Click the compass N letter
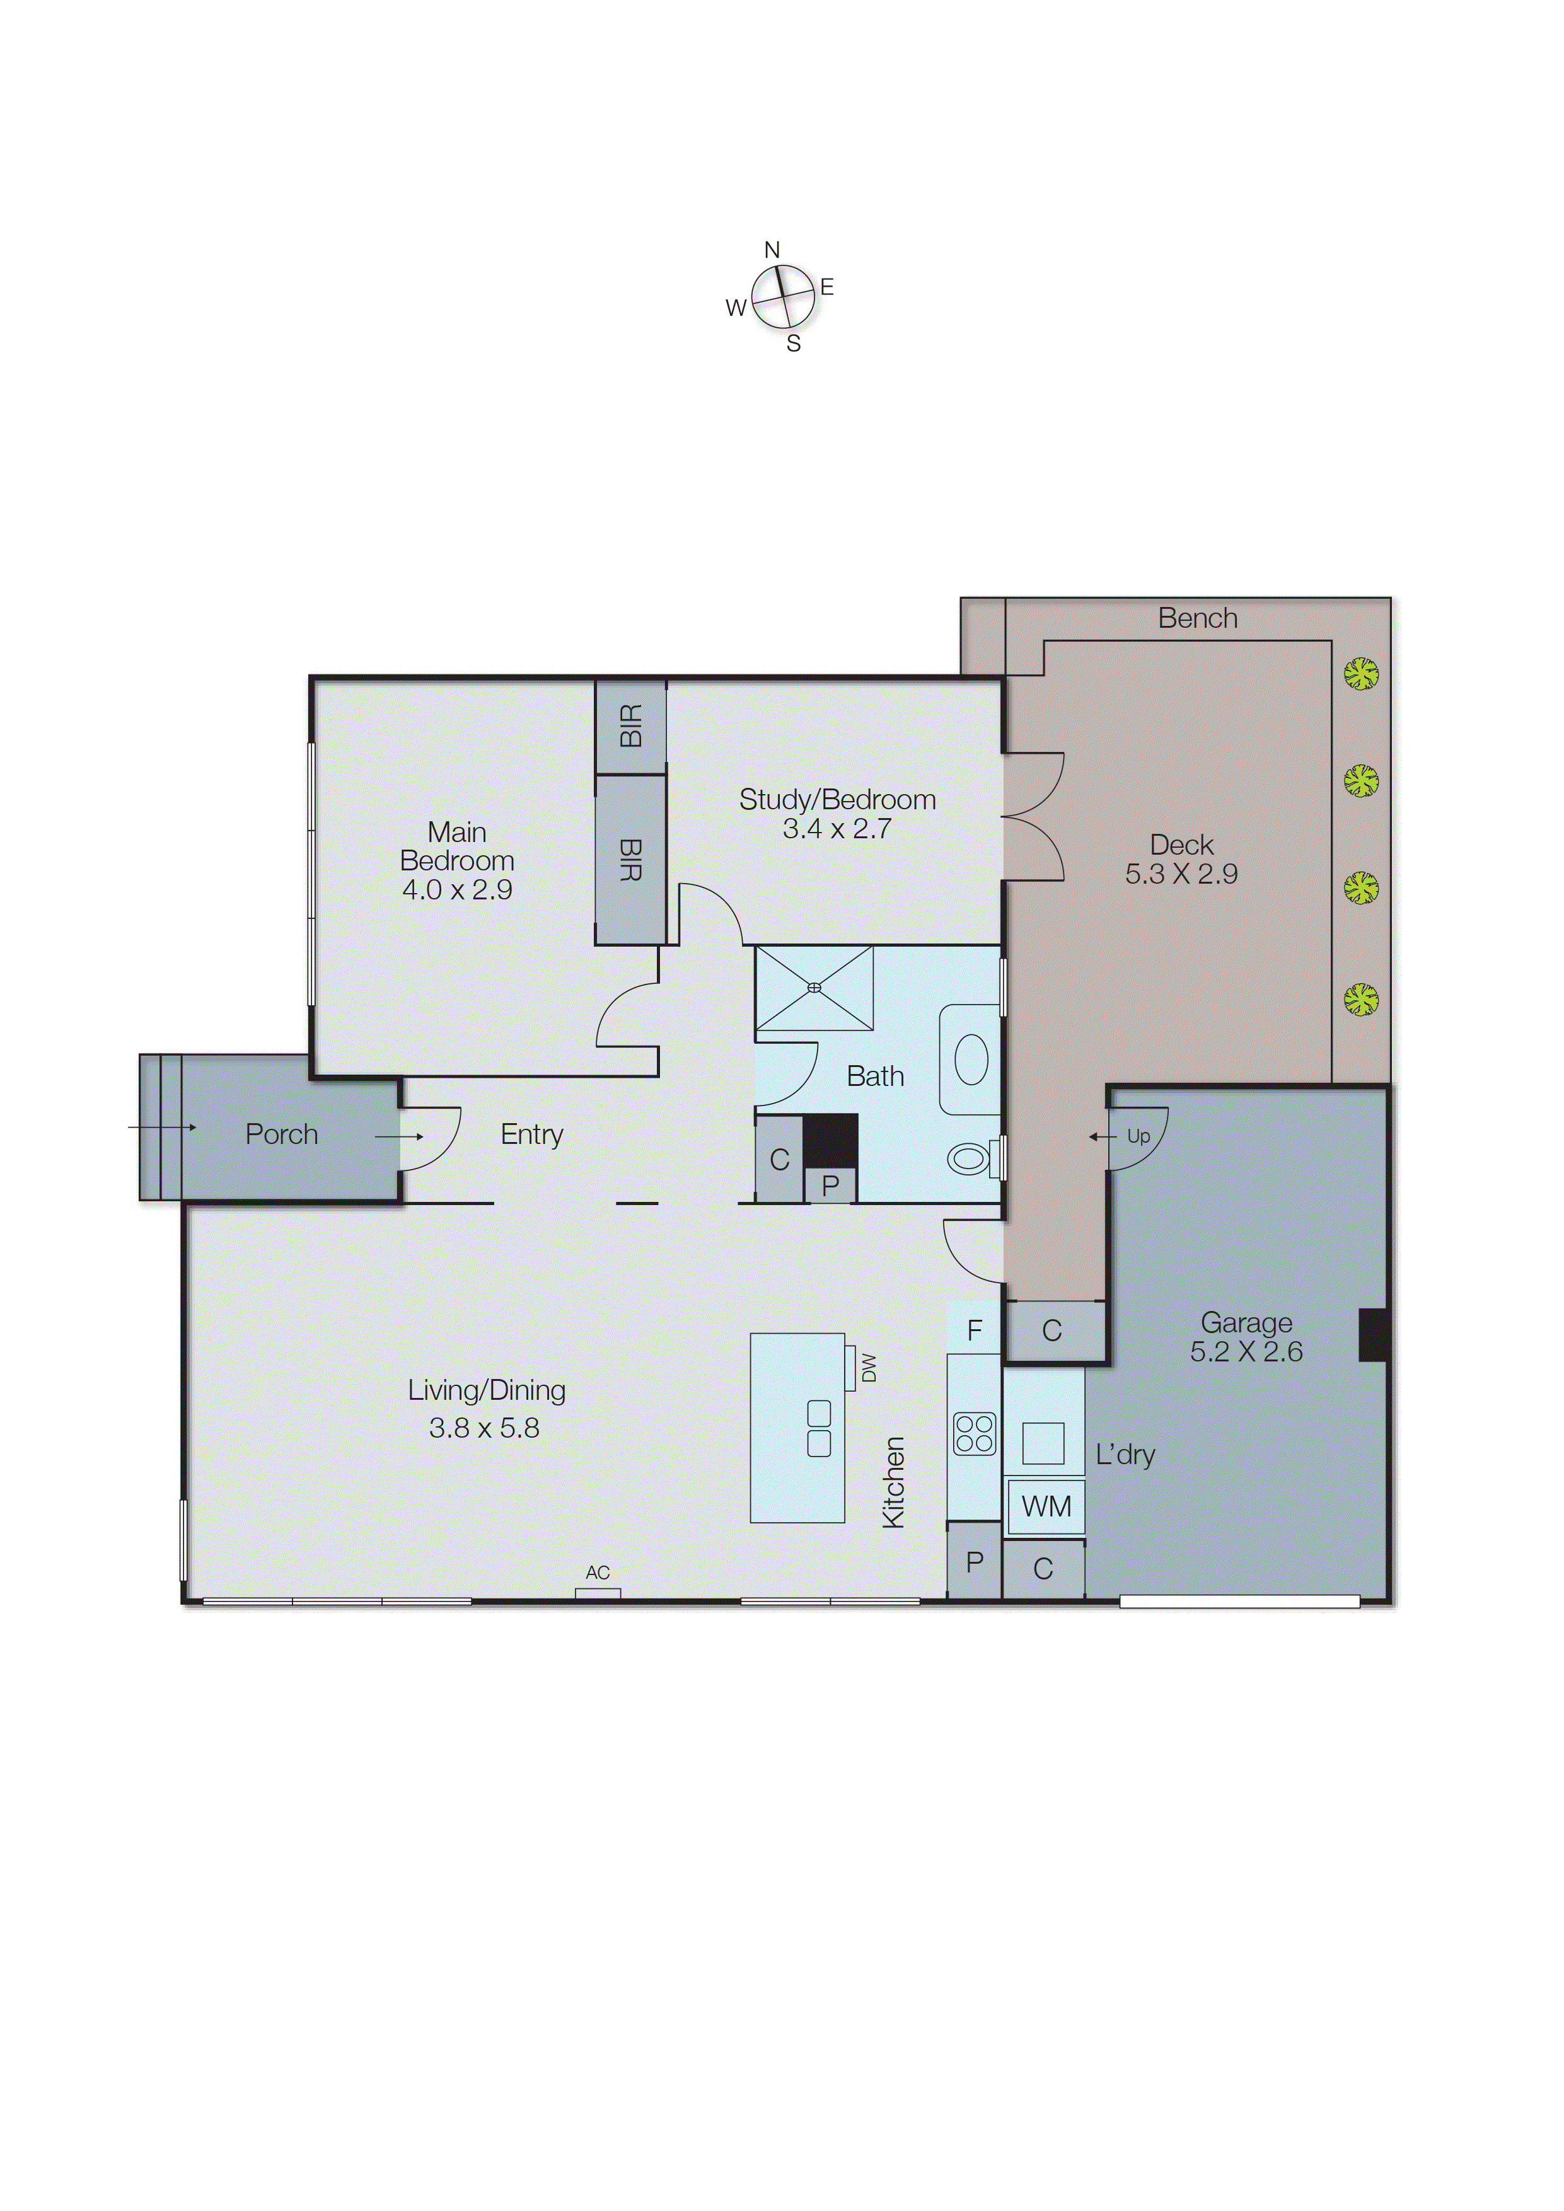pyautogui.click(x=772, y=250)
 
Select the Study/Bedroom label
pyautogui.click(x=837, y=799)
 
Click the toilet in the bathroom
pyautogui.click(x=971, y=1158)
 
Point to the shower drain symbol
pyautogui.click(x=814, y=987)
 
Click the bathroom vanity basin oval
pyautogui.click(x=971, y=1059)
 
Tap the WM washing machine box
pyautogui.click(x=1046, y=1506)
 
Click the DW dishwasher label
pyautogui.click(x=869, y=1368)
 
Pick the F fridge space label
pyautogui.click(x=974, y=1331)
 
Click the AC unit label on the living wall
pyautogui.click(x=597, y=1573)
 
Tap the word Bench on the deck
pyautogui.click(x=1197, y=618)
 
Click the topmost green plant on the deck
pyautogui.click(x=1361, y=674)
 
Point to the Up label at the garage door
pyautogui.click(x=1138, y=1136)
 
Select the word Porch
pyautogui.click(x=281, y=1134)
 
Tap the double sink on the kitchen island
pyautogui.click(x=819, y=1428)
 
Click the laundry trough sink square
pyautogui.click(x=1043, y=1443)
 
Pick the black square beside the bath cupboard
pyautogui.click(x=830, y=1140)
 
